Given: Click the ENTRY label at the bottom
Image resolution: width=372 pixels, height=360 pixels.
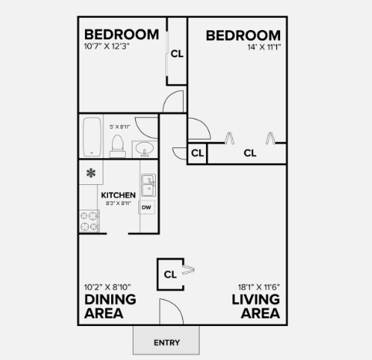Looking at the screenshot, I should [167, 342].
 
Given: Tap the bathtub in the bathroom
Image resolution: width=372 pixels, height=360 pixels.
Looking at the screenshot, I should [92, 136].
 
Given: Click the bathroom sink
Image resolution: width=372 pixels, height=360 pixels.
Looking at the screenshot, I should [144, 148].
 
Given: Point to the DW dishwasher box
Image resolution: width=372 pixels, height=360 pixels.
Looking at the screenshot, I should [146, 207].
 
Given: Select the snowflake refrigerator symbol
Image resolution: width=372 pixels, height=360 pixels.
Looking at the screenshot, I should [91, 173].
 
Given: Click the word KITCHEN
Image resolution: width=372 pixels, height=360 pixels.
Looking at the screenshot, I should [118, 196].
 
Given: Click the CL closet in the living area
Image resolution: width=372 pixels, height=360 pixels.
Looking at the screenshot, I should [171, 273].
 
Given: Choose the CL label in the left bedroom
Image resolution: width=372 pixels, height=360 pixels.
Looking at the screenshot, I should [177, 54].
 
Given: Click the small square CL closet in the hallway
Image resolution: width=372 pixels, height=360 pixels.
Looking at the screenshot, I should [197, 153].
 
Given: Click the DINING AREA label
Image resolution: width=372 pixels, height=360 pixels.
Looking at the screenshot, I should [110, 306].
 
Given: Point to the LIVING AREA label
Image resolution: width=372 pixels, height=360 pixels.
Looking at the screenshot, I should [255, 306].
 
